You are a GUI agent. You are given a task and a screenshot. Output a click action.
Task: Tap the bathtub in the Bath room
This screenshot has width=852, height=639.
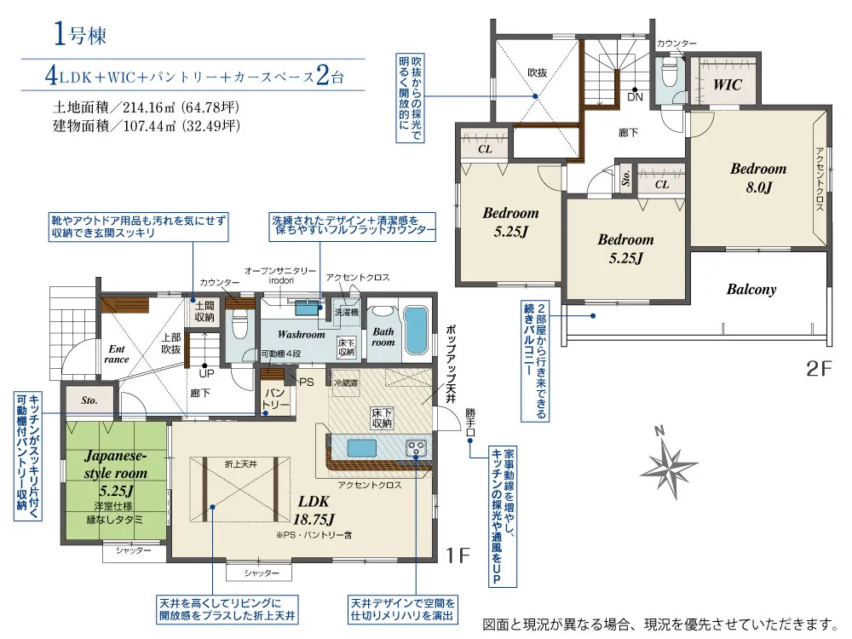[417, 331]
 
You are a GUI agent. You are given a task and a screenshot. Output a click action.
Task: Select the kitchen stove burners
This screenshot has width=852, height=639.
[417, 448]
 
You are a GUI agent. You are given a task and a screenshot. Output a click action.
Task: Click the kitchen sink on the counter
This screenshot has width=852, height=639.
[362, 448]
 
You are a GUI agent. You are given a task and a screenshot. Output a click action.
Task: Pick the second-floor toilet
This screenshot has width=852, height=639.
[668, 72]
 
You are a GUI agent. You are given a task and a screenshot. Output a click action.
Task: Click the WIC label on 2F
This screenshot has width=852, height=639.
[727, 84]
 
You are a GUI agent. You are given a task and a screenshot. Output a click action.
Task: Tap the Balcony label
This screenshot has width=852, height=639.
[751, 289]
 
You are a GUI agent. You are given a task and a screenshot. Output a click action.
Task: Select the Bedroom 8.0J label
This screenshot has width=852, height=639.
[758, 178]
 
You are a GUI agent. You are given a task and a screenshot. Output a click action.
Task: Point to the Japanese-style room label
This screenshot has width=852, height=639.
[116, 464]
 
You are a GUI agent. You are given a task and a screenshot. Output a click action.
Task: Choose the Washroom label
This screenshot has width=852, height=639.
[301, 335]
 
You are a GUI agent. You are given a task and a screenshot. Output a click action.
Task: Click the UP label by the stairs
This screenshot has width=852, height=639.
[206, 374]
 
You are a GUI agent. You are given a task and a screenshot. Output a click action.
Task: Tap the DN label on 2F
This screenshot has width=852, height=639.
[635, 97]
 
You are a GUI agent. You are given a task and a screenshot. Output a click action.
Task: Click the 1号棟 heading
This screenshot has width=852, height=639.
[80, 34]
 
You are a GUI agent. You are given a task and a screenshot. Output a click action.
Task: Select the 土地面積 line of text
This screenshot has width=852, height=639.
[147, 107]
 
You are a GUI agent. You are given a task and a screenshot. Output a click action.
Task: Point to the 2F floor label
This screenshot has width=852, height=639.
[819, 370]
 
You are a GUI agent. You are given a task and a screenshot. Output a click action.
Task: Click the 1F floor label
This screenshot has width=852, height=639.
[458, 556]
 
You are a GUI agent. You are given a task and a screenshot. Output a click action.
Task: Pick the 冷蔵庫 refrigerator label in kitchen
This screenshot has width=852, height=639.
[346, 383]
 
